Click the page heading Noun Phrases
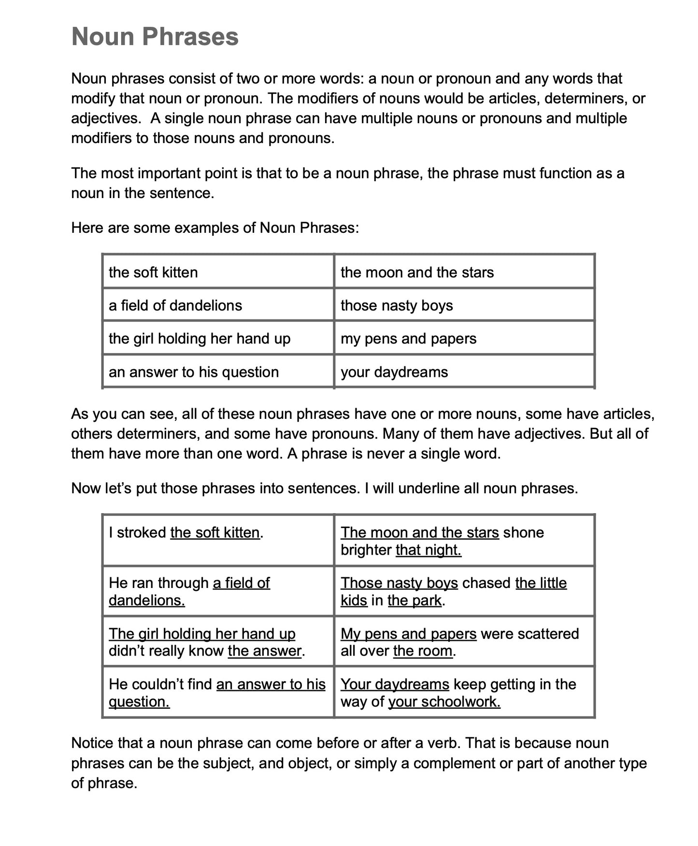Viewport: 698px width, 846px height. coord(155,37)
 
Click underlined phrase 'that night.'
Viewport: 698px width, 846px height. coord(428,550)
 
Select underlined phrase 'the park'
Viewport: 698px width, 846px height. coord(414,601)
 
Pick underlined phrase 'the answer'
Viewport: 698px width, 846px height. coord(265,651)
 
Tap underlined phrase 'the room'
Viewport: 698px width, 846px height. coord(423,651)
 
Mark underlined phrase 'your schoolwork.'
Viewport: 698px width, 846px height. coord(444,702)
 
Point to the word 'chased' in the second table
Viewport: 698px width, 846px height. coord(486,583)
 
